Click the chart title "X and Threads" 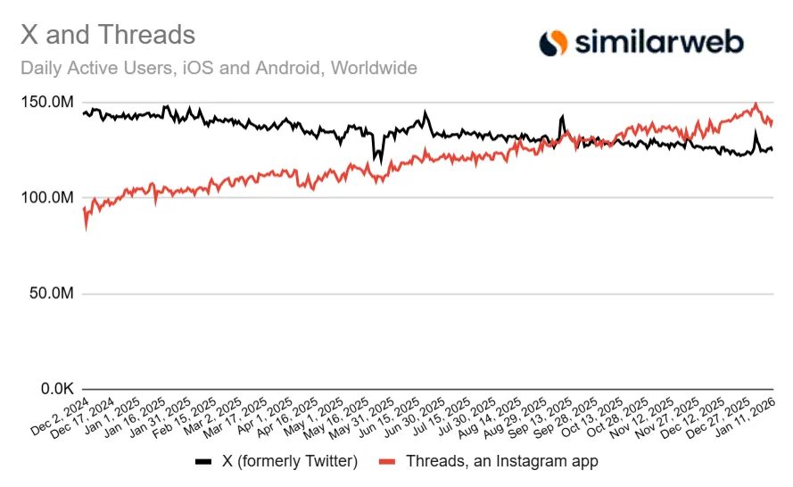point(107,35)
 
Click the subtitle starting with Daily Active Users point(218,68)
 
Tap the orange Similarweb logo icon point(554,41)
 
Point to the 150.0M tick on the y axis point(46,103)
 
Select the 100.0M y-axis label point(46,198)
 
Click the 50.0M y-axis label point(50,293)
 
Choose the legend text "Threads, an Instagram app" point(501,461)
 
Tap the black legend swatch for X point(203,461)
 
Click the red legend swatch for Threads point(386,461)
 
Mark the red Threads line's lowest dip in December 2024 point(86,228)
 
